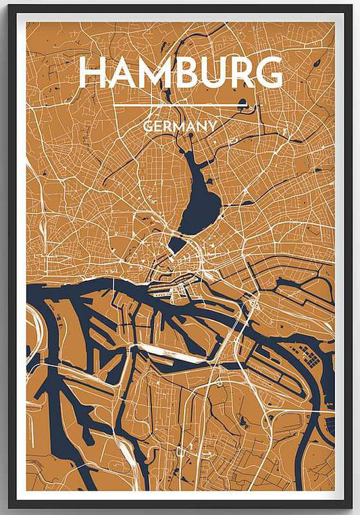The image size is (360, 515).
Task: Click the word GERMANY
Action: pos(180,126)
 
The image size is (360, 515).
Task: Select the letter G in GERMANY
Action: pos(148,126)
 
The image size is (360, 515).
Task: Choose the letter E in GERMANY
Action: pos(157,126)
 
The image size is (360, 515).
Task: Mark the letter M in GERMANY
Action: pos(178,126)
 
